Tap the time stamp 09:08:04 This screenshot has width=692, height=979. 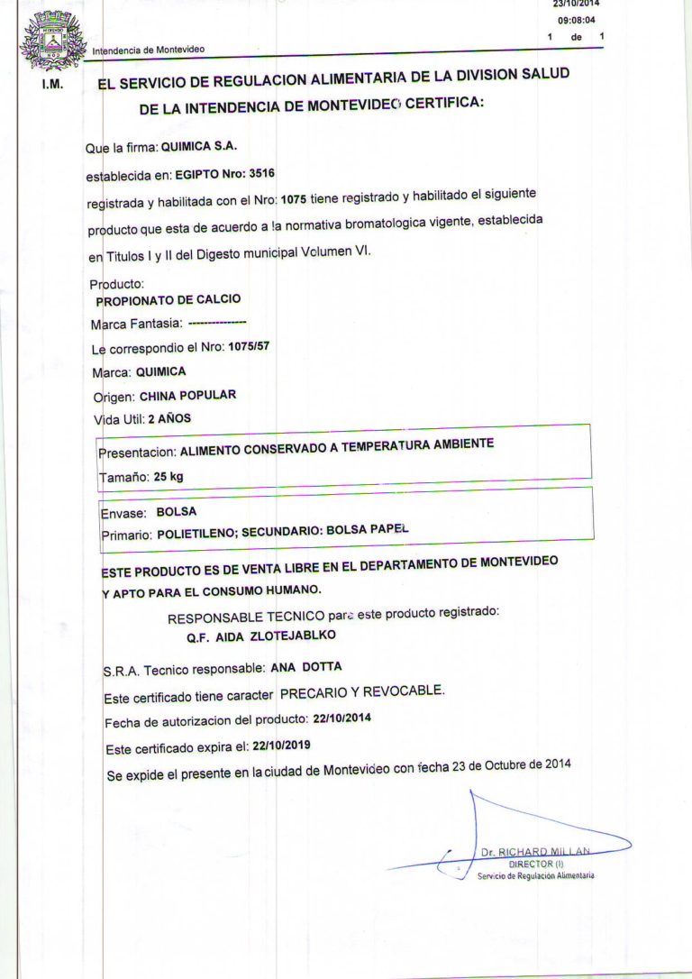tap(577, 19)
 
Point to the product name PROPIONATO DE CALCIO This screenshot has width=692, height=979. tap(168, 299)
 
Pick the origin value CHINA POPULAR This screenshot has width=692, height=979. tap(188, 395)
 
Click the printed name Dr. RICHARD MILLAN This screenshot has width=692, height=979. tap(535, 851)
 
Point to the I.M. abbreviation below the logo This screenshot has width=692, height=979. tap(51, 87)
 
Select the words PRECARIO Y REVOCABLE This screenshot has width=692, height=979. tap(362, 691)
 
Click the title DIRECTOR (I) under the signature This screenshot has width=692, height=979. tap(536, 863)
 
